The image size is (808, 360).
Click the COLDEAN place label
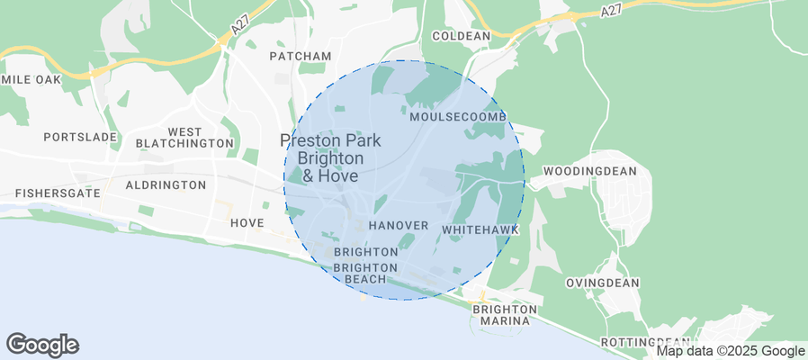(x=461, y=36)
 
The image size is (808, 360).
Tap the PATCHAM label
(x=301, y=56)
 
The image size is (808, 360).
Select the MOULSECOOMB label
(x=458, y=118)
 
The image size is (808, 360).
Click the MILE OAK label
(x=33, y=79)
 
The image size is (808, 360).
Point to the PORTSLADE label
(x=81, y=137)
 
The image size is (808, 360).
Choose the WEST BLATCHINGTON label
(x=184, y=138)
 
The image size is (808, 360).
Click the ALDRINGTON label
(x=166, y=184)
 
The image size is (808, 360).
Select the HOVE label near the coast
(x=247, y=222)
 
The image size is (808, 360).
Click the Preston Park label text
(x=330, y=140)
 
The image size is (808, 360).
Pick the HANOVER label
(x=398, y=225)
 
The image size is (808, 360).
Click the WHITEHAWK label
(x=480, y=230)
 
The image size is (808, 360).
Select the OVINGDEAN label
(x=602, y=283)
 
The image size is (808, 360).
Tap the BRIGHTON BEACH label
(x=365, y=274)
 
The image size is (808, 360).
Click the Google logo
(x=42, y=344)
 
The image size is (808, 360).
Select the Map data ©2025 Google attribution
(x=730, y=351)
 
